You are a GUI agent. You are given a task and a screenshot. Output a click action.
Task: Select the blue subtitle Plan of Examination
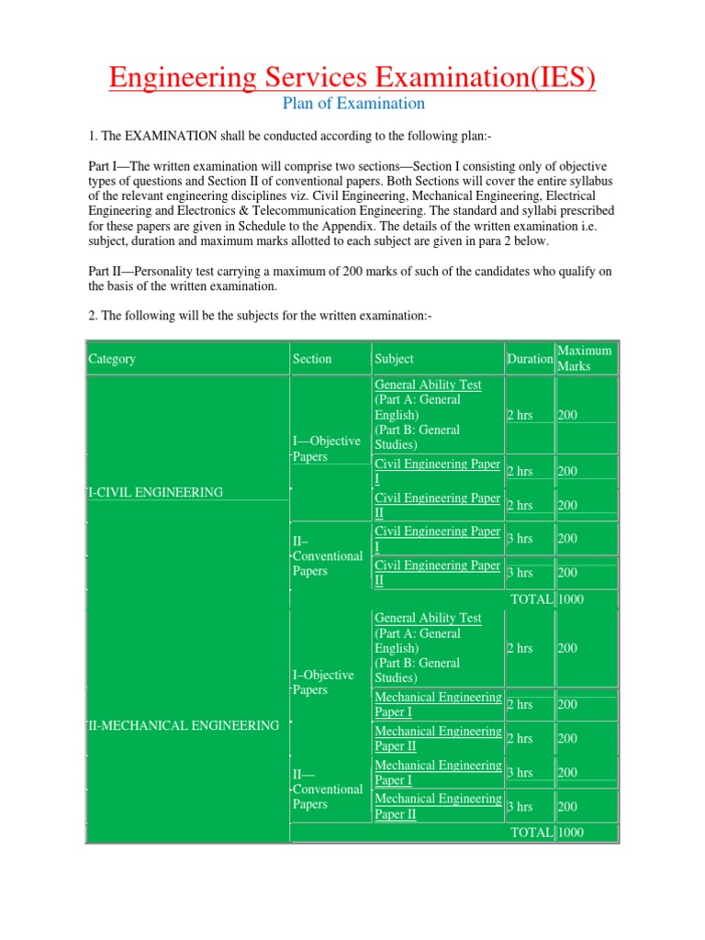point(352,103)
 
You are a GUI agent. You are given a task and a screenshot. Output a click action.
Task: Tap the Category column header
point(112,359)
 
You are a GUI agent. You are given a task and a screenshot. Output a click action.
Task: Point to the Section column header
point(312,359)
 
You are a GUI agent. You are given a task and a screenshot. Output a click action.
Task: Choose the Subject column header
point(395,359)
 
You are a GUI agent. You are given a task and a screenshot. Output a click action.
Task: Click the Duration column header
point(530,359)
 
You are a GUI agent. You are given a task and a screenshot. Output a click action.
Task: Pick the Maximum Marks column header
point(585,358)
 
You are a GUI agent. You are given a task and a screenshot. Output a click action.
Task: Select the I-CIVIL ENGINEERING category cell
point(155,492)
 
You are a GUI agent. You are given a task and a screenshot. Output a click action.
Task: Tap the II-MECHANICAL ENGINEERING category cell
point(183,725)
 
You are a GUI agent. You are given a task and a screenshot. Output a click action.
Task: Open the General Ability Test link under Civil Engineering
point(428,385)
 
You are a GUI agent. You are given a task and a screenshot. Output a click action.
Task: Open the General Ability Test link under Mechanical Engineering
point(428,618)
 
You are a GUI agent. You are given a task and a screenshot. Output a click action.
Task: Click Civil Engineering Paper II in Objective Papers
point(437,505)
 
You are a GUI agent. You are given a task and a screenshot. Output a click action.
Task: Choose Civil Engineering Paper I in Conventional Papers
point(437,539)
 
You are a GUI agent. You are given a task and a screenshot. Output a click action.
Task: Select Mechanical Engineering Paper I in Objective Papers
point(438,704)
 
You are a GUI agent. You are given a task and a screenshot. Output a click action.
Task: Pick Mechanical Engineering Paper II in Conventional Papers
point(438,806)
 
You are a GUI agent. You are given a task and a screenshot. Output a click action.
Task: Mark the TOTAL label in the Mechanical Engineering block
point(532,833)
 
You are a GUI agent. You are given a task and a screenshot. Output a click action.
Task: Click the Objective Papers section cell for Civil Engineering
point(326,449)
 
